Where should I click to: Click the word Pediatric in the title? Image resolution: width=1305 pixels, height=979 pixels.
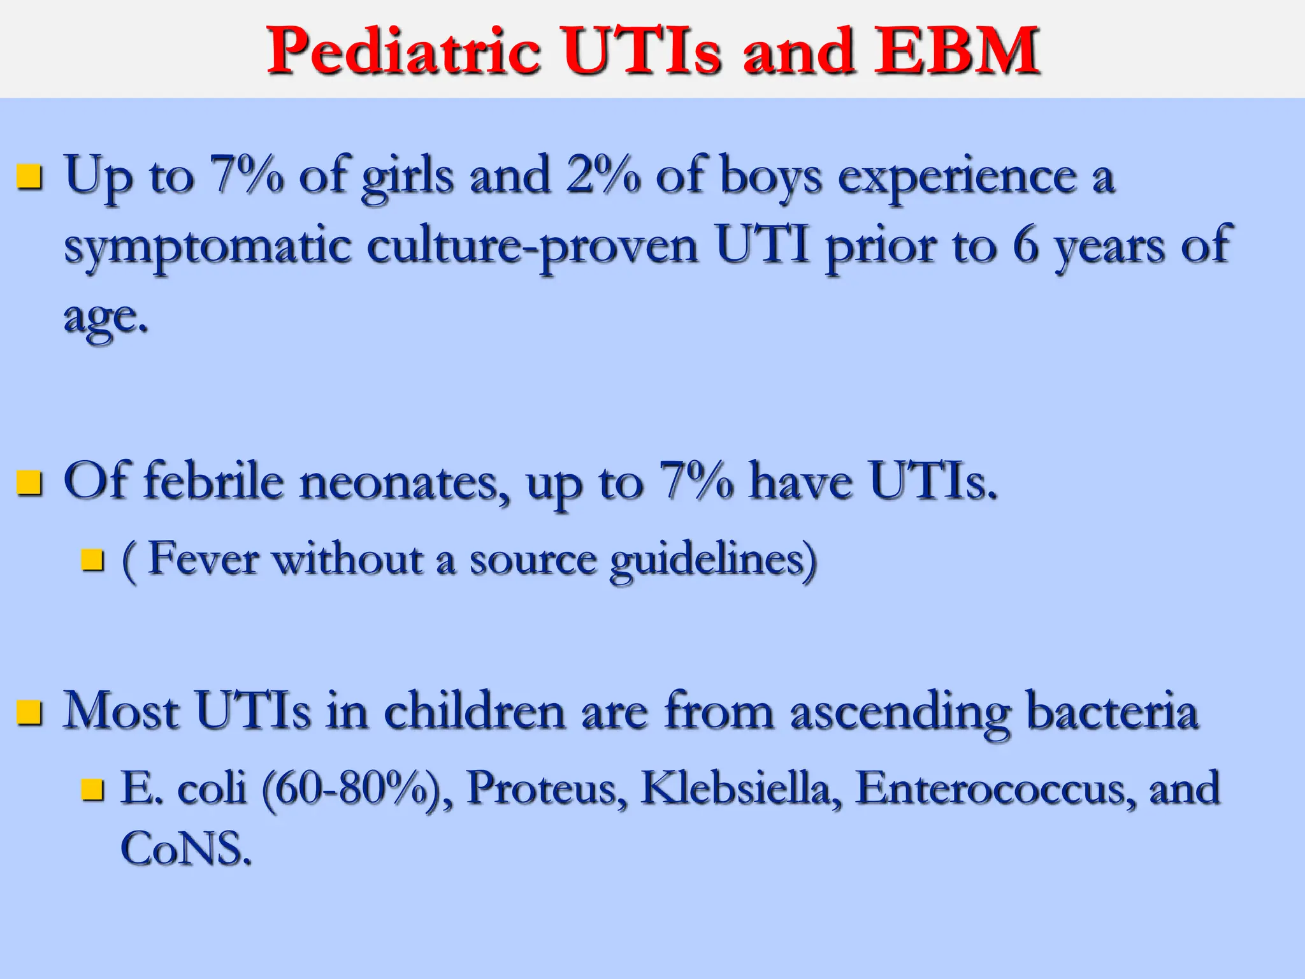point(403,51)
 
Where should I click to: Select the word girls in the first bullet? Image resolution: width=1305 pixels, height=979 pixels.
point(408,177)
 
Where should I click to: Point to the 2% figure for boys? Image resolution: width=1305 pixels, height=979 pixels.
point(602,175)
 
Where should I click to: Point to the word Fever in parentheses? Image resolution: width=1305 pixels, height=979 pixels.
point(203,559)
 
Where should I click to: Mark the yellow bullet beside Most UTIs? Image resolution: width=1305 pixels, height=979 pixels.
point(29,713)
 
